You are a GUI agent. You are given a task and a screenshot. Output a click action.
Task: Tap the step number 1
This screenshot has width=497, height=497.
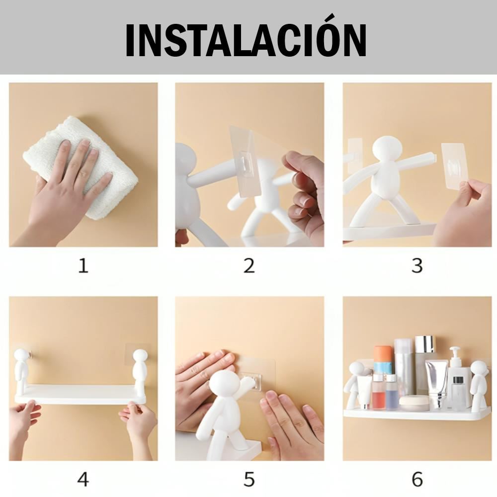tap(83, 265)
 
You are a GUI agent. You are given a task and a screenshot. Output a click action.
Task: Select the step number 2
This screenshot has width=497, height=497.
tap(249, 265)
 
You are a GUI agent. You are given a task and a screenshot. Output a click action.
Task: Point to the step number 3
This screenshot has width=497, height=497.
tap(417, 265)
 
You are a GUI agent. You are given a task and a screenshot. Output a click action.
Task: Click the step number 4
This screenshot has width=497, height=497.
tap(83, 479)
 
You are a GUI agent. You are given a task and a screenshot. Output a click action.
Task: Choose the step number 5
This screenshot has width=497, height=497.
tap(249, 479)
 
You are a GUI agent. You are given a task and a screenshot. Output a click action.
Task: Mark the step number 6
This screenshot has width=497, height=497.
tap(417, 479)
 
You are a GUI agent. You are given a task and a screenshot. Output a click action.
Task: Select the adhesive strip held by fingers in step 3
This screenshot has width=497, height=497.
tap(454, 169)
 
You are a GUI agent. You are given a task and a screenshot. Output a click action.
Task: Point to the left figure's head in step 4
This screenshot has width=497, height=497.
tap(22, 357)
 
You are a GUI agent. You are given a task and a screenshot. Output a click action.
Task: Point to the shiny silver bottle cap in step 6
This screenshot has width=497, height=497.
tap(425, 344)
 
